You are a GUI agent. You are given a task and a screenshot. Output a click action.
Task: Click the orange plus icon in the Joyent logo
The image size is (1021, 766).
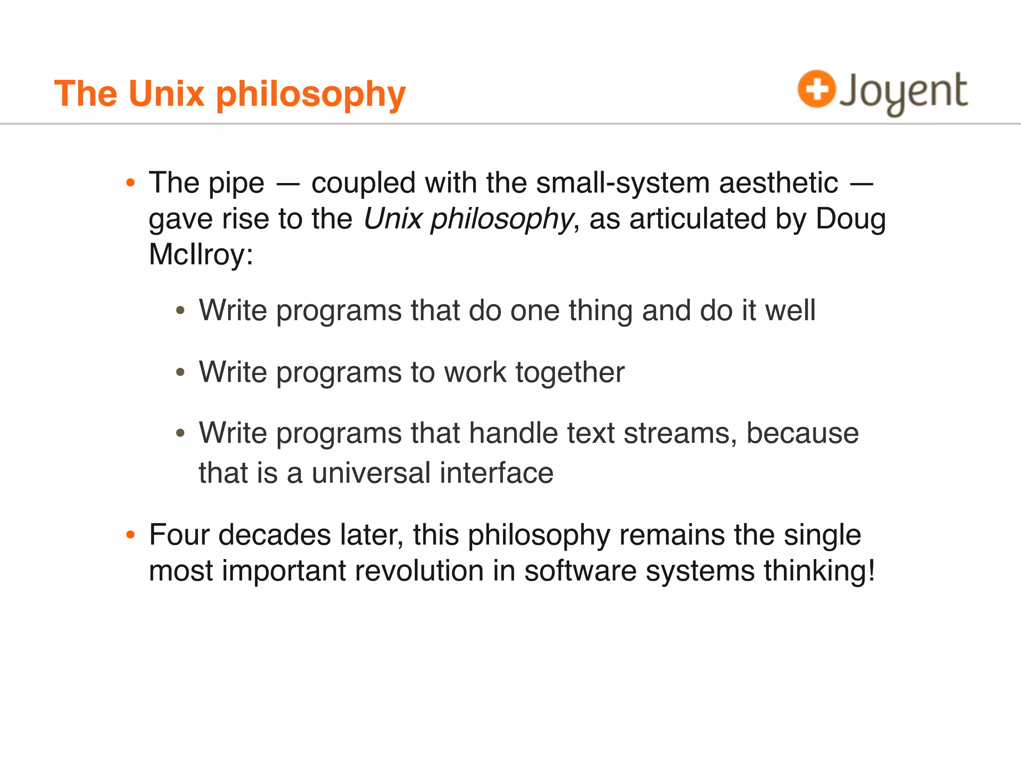816,89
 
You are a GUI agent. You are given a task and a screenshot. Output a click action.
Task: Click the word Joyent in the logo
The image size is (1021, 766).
903,92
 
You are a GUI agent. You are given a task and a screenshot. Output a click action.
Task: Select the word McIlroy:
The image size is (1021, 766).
201,254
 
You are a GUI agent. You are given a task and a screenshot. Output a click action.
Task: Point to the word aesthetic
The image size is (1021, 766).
778,183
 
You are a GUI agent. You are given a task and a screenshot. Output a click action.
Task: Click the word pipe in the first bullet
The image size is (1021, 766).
236,184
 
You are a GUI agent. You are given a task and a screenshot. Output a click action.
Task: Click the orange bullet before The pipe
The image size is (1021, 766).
131,183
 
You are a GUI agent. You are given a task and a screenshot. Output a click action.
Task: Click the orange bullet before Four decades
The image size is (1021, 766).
131,535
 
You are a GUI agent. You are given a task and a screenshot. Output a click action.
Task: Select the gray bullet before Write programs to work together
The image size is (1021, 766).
180,372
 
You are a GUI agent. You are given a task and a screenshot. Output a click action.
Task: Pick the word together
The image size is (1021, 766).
570,372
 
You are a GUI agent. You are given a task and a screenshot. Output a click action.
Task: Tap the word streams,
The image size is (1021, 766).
680,433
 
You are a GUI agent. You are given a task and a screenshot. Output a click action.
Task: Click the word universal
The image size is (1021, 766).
371,473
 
